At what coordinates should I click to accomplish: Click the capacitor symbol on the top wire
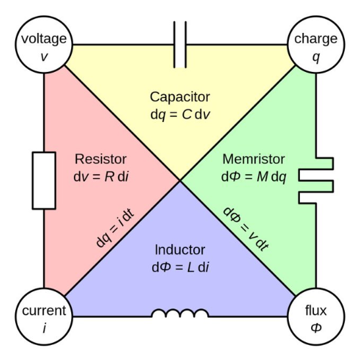(x=180, y=44)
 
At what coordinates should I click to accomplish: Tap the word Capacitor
(x=180, y=97)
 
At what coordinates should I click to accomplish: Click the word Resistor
(x=101, y=159)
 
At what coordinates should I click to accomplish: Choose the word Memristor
(x=254, y=159)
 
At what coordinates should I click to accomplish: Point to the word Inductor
(x=180, y=250)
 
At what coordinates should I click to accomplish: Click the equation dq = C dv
(x=180, y=115)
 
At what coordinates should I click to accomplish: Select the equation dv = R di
(x=101, y=177)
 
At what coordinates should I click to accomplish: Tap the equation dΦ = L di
(x=181, y=267)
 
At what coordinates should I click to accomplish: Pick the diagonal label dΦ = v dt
(x=246, y=229)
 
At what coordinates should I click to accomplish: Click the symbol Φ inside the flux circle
(x=316, y=328)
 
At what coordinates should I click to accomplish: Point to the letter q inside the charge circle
(x=316, y=57)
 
